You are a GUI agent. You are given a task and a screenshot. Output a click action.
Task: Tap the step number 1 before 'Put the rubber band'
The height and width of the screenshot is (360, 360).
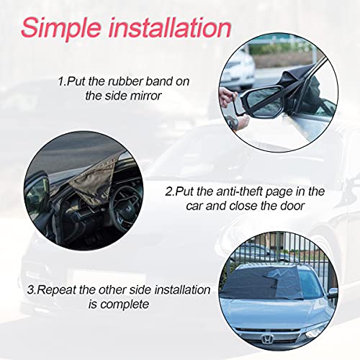point(60,82)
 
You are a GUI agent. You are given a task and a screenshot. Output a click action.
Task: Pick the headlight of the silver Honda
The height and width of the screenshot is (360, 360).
point(316,332)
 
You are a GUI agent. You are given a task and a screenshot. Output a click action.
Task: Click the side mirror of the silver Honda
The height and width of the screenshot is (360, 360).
point(332,294)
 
